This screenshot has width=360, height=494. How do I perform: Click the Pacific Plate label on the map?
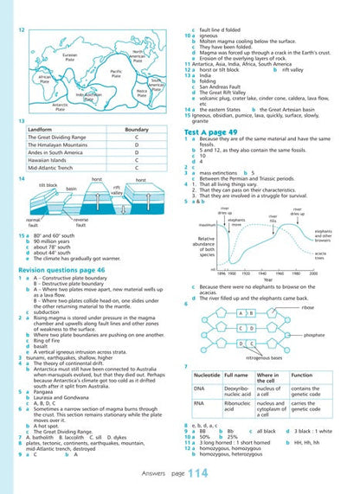point(115,75)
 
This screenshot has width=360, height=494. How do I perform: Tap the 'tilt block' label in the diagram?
point(48,184)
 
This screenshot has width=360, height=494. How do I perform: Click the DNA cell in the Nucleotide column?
point(200,392)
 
